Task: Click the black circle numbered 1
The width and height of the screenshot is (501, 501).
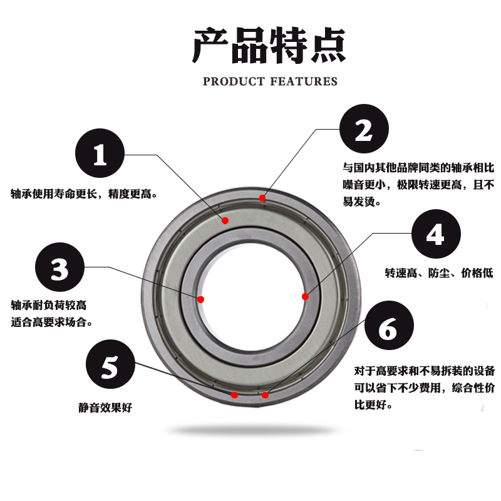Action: click(100, 155)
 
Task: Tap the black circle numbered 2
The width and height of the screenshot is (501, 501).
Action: click(364, 130)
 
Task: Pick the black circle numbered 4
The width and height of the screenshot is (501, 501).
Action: click(436, 234)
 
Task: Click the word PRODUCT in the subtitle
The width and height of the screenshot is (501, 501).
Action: click(234, 81)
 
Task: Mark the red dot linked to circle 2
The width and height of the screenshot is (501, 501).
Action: click(262, 199)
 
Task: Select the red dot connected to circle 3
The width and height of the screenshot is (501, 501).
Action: click(201, 299)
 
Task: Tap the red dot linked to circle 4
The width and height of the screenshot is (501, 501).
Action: click(305, 296)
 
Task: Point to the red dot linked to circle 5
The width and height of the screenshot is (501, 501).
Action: click(235, 395)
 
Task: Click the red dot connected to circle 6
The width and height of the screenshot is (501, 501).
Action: click(265, 395)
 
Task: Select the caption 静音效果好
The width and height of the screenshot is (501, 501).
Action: click(110, 408)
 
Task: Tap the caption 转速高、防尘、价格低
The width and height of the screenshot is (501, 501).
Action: click(438, 273)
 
